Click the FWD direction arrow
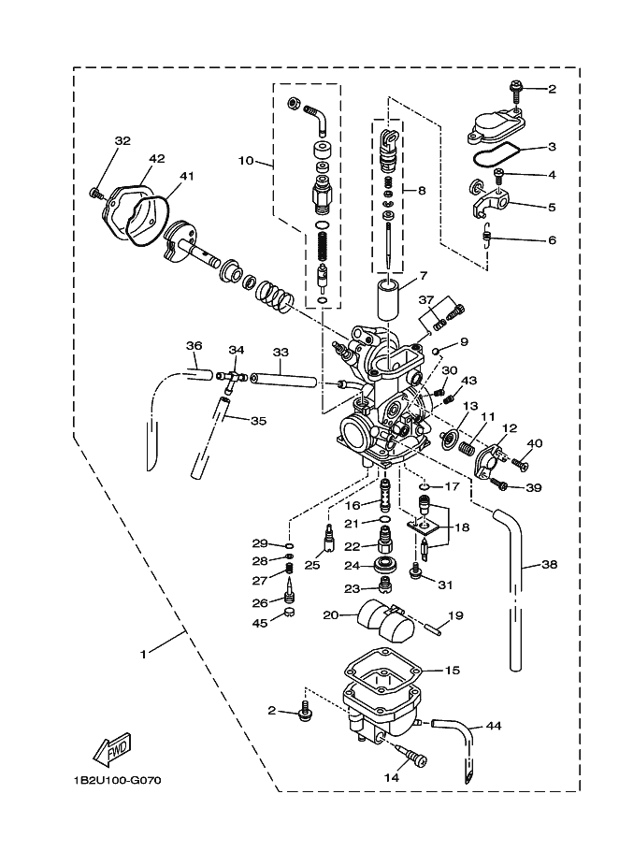[112, 749]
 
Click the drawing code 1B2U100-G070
[118, 781]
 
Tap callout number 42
[156, 159]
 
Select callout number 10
[246, 160]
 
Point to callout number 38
[550, 565]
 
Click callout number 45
[260, 623]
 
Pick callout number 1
[143, 655]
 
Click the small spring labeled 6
[487, 235]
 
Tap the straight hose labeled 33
[283, 381]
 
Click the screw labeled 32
[96, 193]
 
